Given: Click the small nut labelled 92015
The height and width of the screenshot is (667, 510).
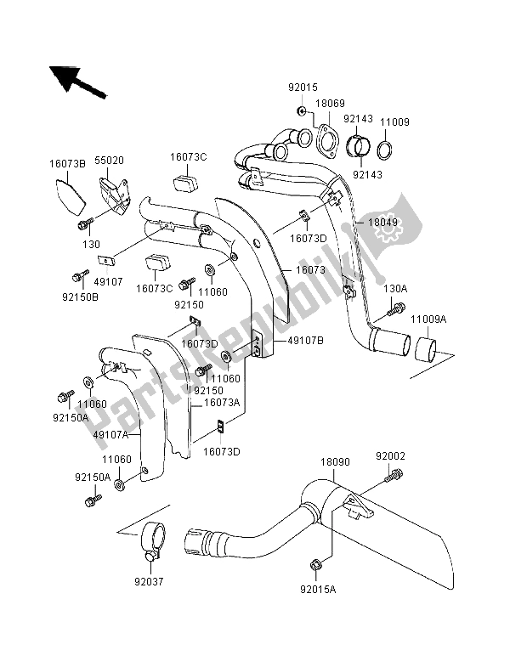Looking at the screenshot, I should (302, 111).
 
